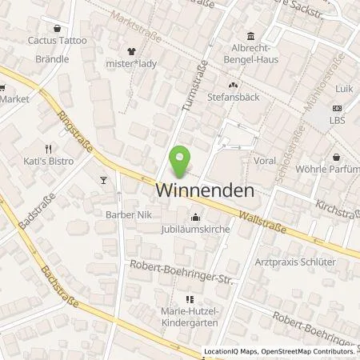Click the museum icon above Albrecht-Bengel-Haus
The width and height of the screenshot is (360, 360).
coord(250,36)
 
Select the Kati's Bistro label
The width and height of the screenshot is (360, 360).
coord(50,162)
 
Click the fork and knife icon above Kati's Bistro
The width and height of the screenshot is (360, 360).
coord(50,149)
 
